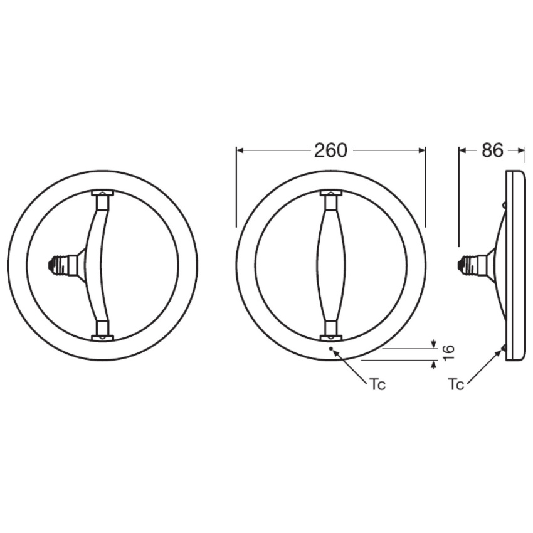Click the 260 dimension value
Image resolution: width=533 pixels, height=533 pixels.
point(330,150)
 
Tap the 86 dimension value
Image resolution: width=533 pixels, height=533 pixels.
point(492,150)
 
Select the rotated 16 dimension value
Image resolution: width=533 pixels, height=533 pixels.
point(448,353)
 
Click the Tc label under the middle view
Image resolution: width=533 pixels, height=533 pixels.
point(377,385)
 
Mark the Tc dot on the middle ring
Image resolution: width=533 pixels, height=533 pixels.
point(330,348)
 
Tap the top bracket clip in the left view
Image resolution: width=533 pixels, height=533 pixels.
point(102,193)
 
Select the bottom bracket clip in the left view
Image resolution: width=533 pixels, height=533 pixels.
point(102,337)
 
